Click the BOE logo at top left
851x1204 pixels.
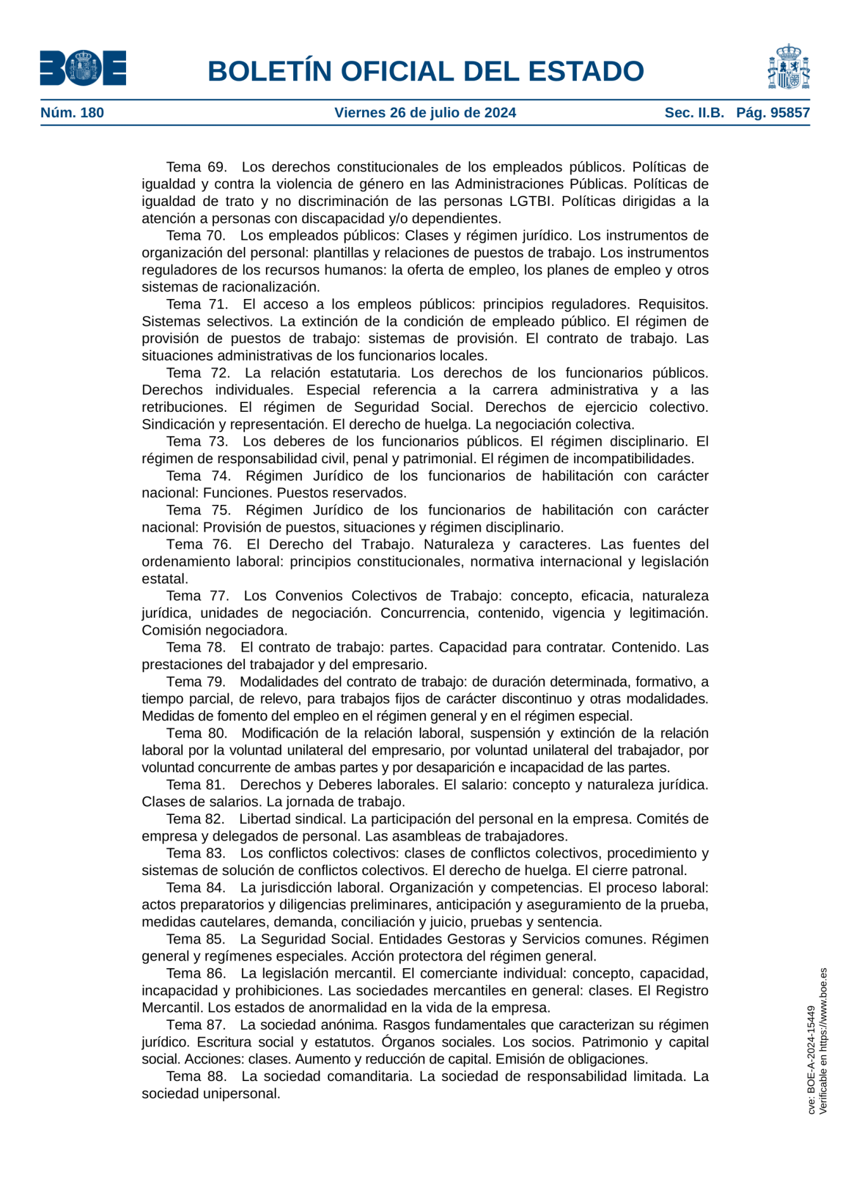click(x=83, y=68)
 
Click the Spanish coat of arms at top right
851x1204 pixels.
click(x=788, y=67)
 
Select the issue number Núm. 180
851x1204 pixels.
click(x=72, y=113)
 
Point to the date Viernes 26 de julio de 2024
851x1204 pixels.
click(x=425, y=113)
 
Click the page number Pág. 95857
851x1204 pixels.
click(x=772, y=113)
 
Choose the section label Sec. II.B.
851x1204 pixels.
click(x=694, y=113)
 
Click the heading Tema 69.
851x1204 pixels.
click(x=196, y=167)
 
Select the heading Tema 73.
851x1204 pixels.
click(x=197, y=442)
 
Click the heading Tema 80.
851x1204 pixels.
click(x=196, y=733)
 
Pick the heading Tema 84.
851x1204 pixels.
click(x=196, y=888)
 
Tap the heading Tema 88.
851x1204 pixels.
click(x=196, y=1076)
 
